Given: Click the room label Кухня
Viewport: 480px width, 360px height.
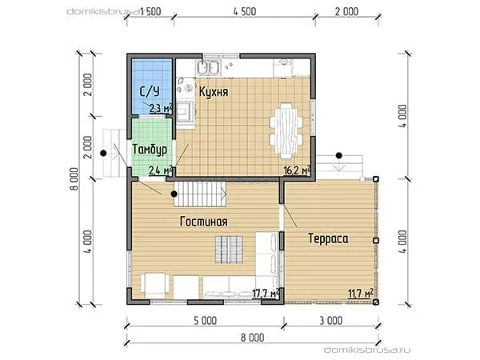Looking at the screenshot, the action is pos(214,91).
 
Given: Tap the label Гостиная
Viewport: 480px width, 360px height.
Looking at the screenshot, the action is pos(203,222).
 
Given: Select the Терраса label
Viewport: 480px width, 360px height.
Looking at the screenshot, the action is pos(328,238).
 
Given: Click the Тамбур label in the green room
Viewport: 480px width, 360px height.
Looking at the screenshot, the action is pos(150,150).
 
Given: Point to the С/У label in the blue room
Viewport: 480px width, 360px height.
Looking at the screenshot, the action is pos(150,91).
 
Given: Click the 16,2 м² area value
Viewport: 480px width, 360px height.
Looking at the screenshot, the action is pos(298,170).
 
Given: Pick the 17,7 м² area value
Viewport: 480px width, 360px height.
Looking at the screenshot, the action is pos(266,294).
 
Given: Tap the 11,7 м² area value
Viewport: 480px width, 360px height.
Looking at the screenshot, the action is pos(361,293).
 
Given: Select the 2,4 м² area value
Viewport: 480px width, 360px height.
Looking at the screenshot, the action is pos(161,170).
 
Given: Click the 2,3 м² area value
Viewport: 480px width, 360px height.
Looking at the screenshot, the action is pos(161,108).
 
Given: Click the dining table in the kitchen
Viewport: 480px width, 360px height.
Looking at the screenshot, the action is pos(286,130).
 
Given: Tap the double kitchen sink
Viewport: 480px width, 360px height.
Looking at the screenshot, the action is pos(209,68).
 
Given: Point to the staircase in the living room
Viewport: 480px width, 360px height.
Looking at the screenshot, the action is pos(200,194).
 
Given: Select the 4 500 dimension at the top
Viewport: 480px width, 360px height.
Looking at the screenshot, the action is pos(245,12).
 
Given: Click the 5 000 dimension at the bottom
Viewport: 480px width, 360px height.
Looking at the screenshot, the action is pos(206,321).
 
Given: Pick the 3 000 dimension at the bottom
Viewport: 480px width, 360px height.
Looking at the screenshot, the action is pos(331,321).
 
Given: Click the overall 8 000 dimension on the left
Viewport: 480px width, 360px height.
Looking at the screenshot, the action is pos(74,179).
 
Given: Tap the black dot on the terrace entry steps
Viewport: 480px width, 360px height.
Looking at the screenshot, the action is pos(338,155).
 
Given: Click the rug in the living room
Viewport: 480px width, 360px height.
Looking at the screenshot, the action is pos(229,250).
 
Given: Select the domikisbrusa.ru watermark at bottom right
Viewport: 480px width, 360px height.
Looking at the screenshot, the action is pos(367,350).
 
